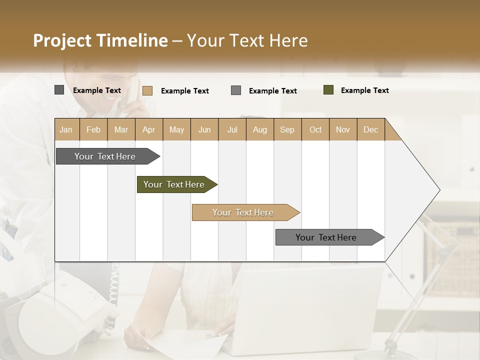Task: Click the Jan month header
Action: (x=66, y=129)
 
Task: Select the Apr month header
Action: (x=148, y=129)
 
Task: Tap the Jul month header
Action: (x=232, y=129)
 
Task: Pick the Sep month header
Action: (x=287, y=129)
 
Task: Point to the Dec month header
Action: (x=370, y=129)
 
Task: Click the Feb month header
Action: (x=93, y=129)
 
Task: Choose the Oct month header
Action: (x=315, y=129)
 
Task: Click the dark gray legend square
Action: (x=59, y=90)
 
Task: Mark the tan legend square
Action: (x=147, y=90)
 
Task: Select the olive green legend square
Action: (x=328, y=90)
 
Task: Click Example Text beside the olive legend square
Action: (x=364, y=90)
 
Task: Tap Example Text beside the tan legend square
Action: (x=184, y=91)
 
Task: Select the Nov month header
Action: (x=343, y=129)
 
